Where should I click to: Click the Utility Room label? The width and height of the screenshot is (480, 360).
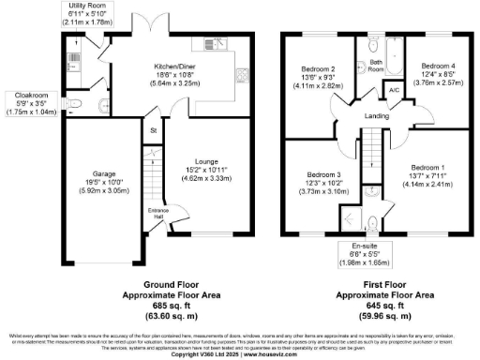tap(86, 6)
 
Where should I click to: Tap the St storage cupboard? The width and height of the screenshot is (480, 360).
tap(151, 129)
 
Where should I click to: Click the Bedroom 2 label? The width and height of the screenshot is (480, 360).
tap(319, 68)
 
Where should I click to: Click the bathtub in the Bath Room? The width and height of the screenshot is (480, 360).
tap(374, 44)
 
